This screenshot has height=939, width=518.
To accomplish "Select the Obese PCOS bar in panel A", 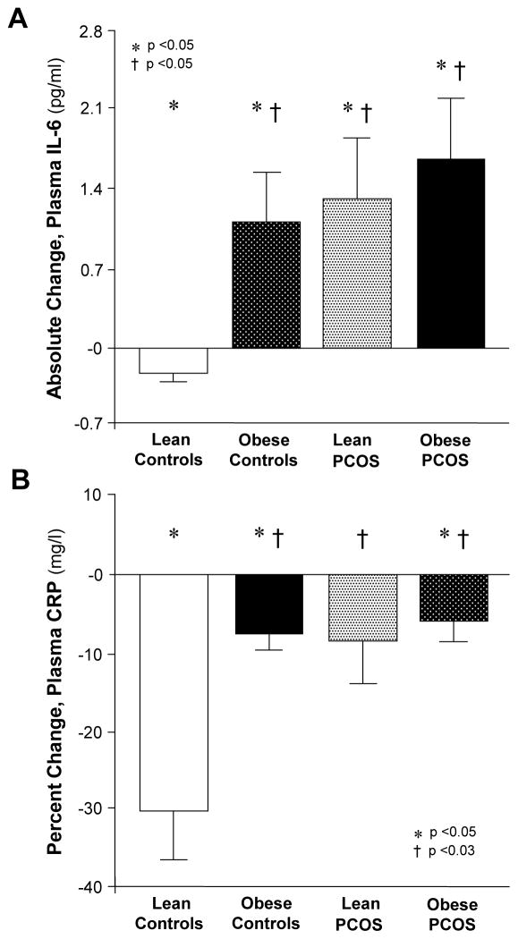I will [451, 253].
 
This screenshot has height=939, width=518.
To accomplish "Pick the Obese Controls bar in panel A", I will [266, 284].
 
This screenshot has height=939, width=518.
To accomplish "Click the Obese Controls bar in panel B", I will [266, 604].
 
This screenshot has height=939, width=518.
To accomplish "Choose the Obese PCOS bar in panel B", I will [451, 597].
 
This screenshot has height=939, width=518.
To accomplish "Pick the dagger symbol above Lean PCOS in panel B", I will [362, 537].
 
